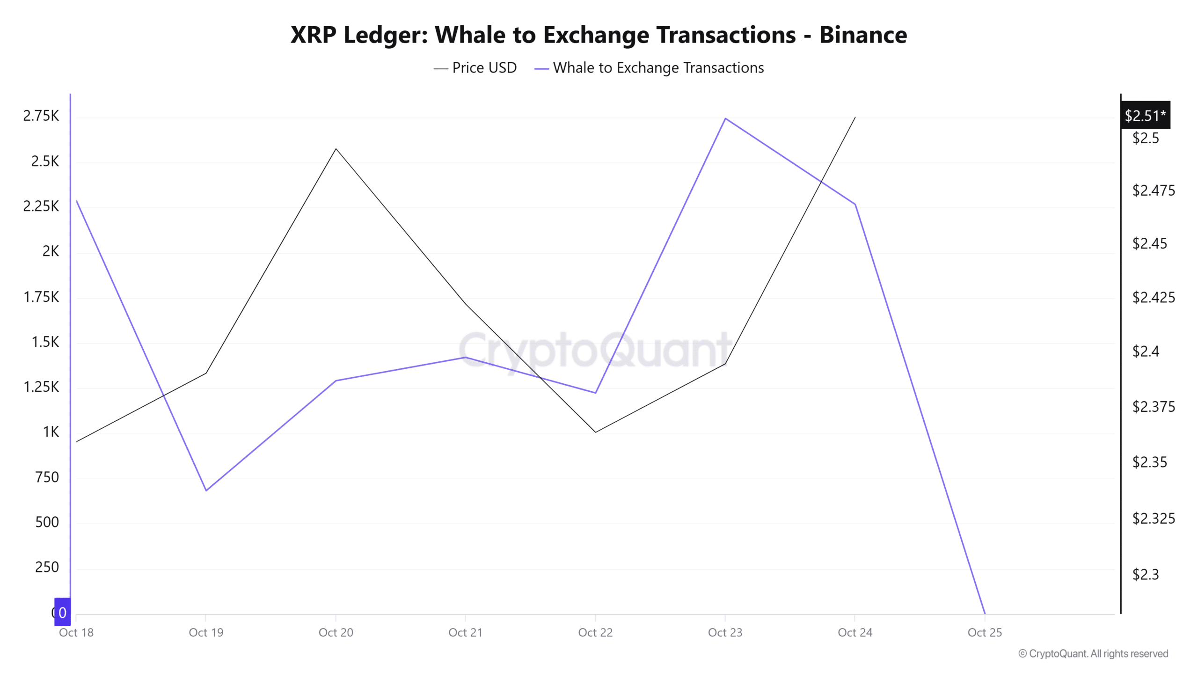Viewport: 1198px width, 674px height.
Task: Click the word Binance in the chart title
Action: coord(862,35)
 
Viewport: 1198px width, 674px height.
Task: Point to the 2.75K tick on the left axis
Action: coord(41,116)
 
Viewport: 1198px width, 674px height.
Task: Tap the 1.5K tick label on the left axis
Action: coord(45,342)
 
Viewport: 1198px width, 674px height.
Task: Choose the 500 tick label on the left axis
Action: coord(47,522)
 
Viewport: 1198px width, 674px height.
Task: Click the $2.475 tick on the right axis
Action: coord(1153,190)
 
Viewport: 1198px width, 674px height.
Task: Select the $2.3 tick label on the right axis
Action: coord(1145,574)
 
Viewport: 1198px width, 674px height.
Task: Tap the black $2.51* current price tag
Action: coord(1145,115)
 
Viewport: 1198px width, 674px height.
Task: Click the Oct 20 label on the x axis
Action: coord(336,632)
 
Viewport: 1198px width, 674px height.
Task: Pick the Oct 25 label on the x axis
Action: coord(985,632)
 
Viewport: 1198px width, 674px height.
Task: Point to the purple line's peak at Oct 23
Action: coord(725,118)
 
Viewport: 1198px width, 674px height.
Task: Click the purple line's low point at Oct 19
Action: coord(206,491)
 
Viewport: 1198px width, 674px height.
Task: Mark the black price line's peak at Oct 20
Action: coord(336,149)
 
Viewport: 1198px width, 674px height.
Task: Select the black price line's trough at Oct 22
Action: coord(595,432)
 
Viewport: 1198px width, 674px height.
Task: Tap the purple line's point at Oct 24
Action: coord(855,205)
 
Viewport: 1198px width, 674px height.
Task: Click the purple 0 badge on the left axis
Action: coord(62,612)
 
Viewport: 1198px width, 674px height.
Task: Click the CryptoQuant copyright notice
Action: coord(1093,653)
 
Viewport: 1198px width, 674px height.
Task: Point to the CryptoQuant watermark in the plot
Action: coord(595,350)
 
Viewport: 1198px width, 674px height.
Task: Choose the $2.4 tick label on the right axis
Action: coord(1145,352)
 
